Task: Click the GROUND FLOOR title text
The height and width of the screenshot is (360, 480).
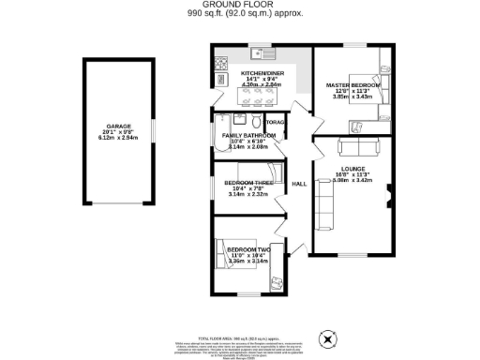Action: (240, 5)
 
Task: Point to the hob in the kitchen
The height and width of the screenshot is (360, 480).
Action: (221, 65)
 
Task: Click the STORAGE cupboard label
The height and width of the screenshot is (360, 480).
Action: (277, 123)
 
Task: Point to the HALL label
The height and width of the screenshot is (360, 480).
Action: (299, 185)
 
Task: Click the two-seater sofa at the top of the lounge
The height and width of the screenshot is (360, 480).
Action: (358, 146)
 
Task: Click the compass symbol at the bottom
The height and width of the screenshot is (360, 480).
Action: (327, 338)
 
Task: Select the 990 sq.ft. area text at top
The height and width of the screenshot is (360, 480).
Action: (240, 16)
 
